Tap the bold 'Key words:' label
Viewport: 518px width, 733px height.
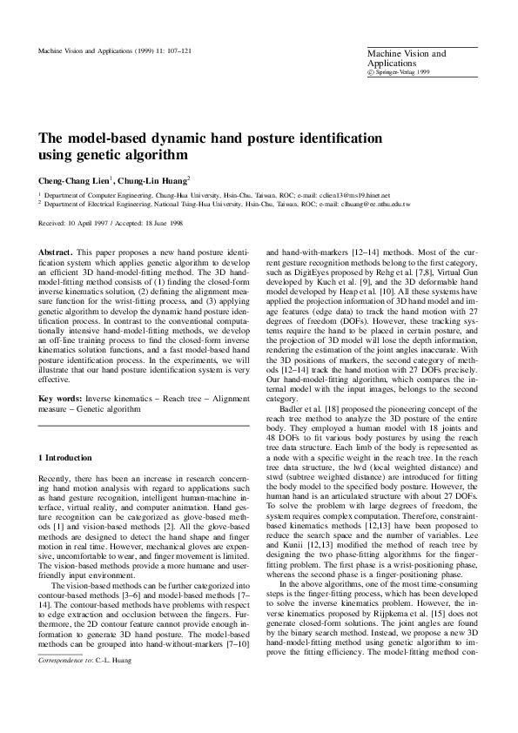pos(58,398)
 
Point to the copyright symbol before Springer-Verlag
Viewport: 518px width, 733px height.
pos(371,73)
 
